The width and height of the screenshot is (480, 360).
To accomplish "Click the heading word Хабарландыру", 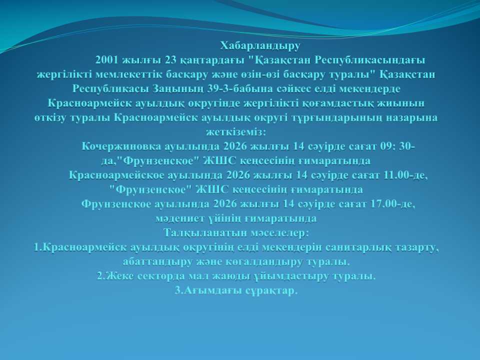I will pyautogui.click(x=260, y=46).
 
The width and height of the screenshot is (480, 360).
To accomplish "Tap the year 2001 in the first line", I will pyautogui.click(x=106, y=60).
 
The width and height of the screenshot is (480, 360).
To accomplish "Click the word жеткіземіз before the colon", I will pyautogui.click(x=234, y=132).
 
